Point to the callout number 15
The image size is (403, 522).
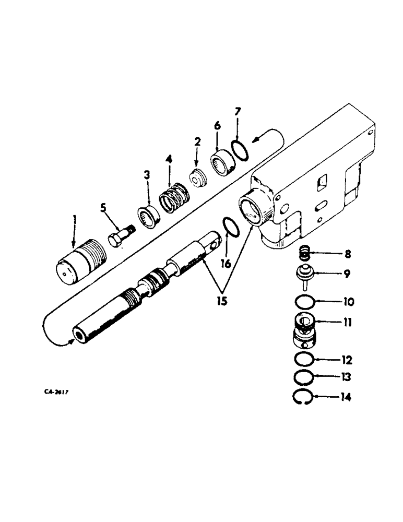(222, 302)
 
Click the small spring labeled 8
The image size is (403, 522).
(304, 255)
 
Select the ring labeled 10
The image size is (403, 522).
(304, 302)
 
